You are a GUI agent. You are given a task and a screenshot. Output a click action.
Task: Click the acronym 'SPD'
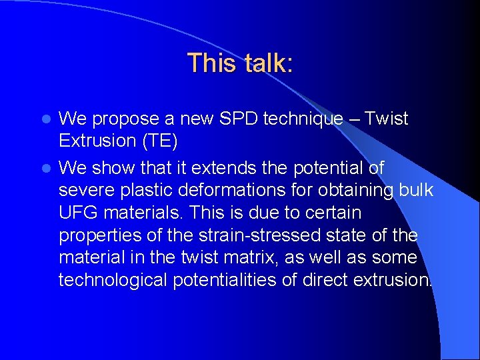pos(236,119)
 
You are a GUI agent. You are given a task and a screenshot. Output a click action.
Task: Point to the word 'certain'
pos(337,213)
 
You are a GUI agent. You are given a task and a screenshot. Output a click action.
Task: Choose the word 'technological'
pos(113,281)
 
